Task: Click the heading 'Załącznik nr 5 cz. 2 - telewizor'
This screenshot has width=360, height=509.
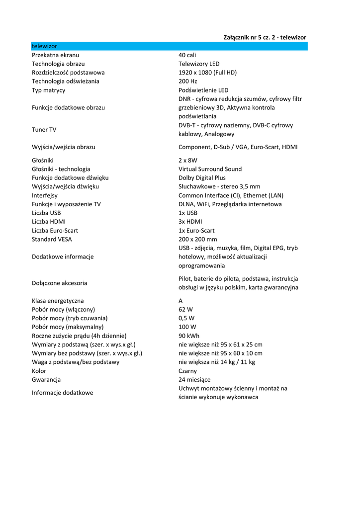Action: [x=265, y=37]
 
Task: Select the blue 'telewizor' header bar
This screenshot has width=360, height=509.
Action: [x=169, y=46]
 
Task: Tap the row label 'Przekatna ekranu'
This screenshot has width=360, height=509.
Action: [x=55, y=55]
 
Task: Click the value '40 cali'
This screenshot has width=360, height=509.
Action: [x=187, y=55]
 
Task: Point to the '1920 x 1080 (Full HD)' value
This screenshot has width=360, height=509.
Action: [x=207, y=73]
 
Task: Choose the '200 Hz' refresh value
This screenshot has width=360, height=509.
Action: [x=188, y=82]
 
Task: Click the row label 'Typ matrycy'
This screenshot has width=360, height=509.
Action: [x=48, y=90]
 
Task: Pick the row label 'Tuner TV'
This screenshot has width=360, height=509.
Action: [x=44, y=130]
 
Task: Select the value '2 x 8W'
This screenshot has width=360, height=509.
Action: [x=188, y=161]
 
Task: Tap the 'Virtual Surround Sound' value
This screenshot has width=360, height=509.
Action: [x=210, y=170]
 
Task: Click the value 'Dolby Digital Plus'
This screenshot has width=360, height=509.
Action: [x=202, y=178]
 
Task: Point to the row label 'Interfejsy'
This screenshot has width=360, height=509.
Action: [x=45, y=196]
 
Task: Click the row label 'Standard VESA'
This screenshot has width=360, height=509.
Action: [x=52, y=240]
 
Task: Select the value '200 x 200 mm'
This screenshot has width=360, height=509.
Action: [x=198, y=240]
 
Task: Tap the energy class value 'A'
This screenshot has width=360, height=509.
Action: [x=181, y=301]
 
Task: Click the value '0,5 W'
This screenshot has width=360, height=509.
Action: [x=186, y=319]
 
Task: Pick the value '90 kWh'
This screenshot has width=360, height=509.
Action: [x=189, y=336]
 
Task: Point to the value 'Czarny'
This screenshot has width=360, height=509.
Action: [x=188, y=371]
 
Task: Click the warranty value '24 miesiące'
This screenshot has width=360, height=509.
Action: [x=194, y=380]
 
